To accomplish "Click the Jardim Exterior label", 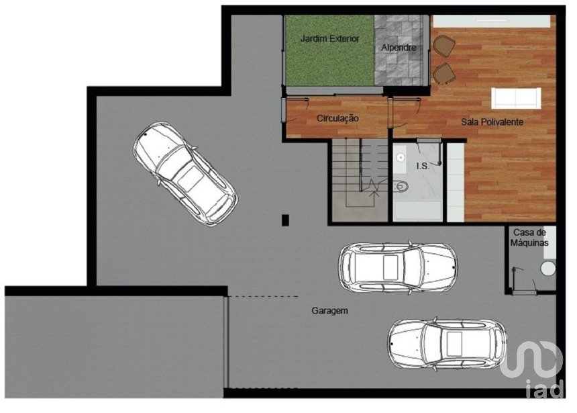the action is [329, 38].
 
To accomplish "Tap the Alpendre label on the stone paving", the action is [399, 48].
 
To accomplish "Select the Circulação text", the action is [337, 118].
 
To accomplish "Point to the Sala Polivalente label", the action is [492, 122].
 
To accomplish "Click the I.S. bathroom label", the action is [423, 166].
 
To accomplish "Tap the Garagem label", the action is [329, 311].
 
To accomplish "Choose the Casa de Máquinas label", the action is [529, 238].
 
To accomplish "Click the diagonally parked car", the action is [185, 173].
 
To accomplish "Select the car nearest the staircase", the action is [398, 267].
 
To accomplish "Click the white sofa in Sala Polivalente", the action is [516, 98].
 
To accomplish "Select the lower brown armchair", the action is [444, 73].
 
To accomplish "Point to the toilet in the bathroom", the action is [401, 187].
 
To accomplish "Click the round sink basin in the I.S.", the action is [401, 158].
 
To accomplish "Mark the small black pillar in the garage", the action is [285, 220].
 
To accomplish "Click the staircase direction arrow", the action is [375, 187].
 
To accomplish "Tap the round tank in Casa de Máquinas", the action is [548, 268].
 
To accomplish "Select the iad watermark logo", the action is [532, 369].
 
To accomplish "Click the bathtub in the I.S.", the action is [418, 211].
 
